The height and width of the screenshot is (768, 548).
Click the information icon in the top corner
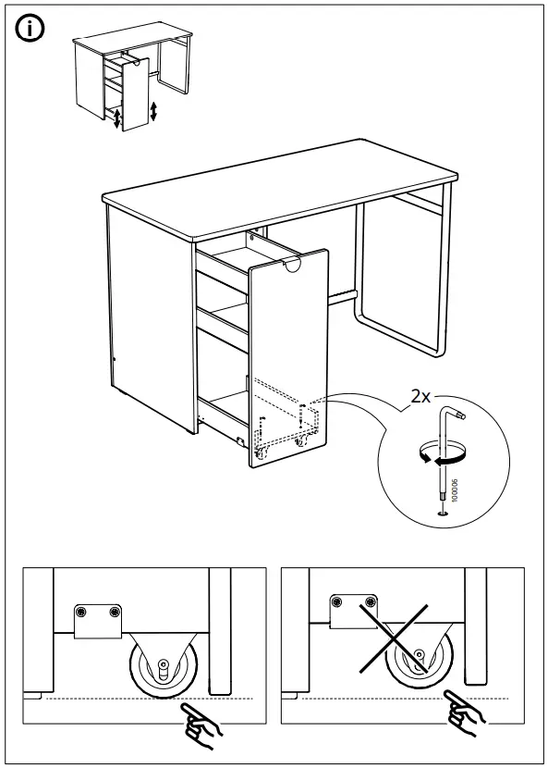[x=31, y=30]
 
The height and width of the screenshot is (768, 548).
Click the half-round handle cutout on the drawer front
[x=294, y=267]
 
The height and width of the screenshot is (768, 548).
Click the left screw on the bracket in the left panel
[x=83, y=613]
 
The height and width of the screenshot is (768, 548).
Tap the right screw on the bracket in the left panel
[x=114, y=613]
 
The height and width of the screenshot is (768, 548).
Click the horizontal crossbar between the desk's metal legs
[x=340, y=296]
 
